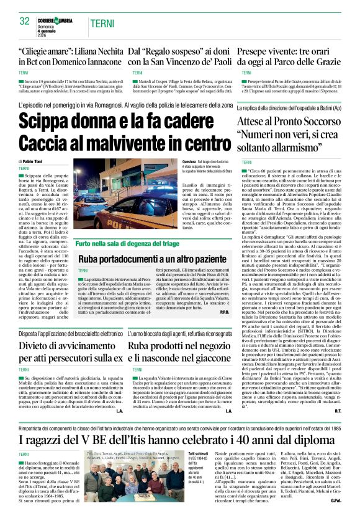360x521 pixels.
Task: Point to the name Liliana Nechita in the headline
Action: pyautogui.click(x=92, y=51)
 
